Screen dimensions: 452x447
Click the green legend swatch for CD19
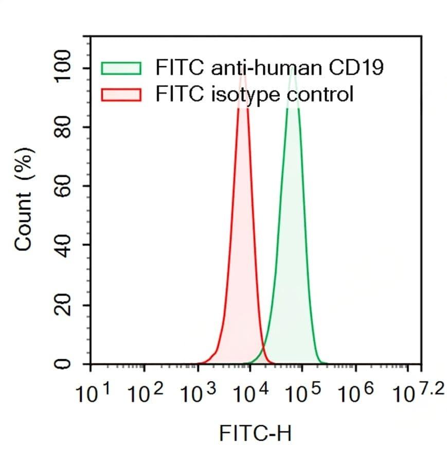[121, 68]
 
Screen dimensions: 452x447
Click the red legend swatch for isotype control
[121, 95]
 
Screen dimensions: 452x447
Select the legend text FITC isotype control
[255, 95]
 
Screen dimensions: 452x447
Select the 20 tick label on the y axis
[63, 305]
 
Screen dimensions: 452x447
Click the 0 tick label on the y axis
[63, 364]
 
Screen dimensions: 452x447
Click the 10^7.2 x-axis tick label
[415, 394]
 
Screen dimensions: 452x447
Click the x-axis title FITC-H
[256, 433]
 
